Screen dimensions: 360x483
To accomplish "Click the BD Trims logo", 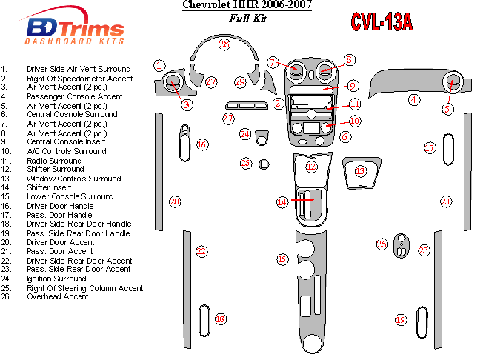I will tap(77, 30).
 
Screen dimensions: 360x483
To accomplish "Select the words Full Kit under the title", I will tap(247, 19).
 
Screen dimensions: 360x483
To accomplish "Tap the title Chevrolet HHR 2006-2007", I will tap(247, 7).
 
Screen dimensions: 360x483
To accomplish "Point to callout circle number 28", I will tap(224, 44).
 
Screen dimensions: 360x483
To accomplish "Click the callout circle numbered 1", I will tap(159, 66).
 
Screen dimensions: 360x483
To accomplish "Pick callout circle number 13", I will tap(360, 171).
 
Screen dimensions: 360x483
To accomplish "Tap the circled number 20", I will tap(175, 201).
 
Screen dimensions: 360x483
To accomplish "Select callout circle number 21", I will tap(446, 201).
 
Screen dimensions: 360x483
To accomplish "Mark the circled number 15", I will tap(282, 259).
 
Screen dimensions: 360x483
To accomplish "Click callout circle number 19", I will tap(401, 320).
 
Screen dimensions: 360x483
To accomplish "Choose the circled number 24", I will tap(245, 134).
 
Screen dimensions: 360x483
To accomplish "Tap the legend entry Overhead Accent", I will tap(58, 296).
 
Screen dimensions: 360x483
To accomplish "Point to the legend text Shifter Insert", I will tap(50, 187).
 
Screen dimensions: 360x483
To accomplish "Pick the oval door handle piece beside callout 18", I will tap(204, 319).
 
